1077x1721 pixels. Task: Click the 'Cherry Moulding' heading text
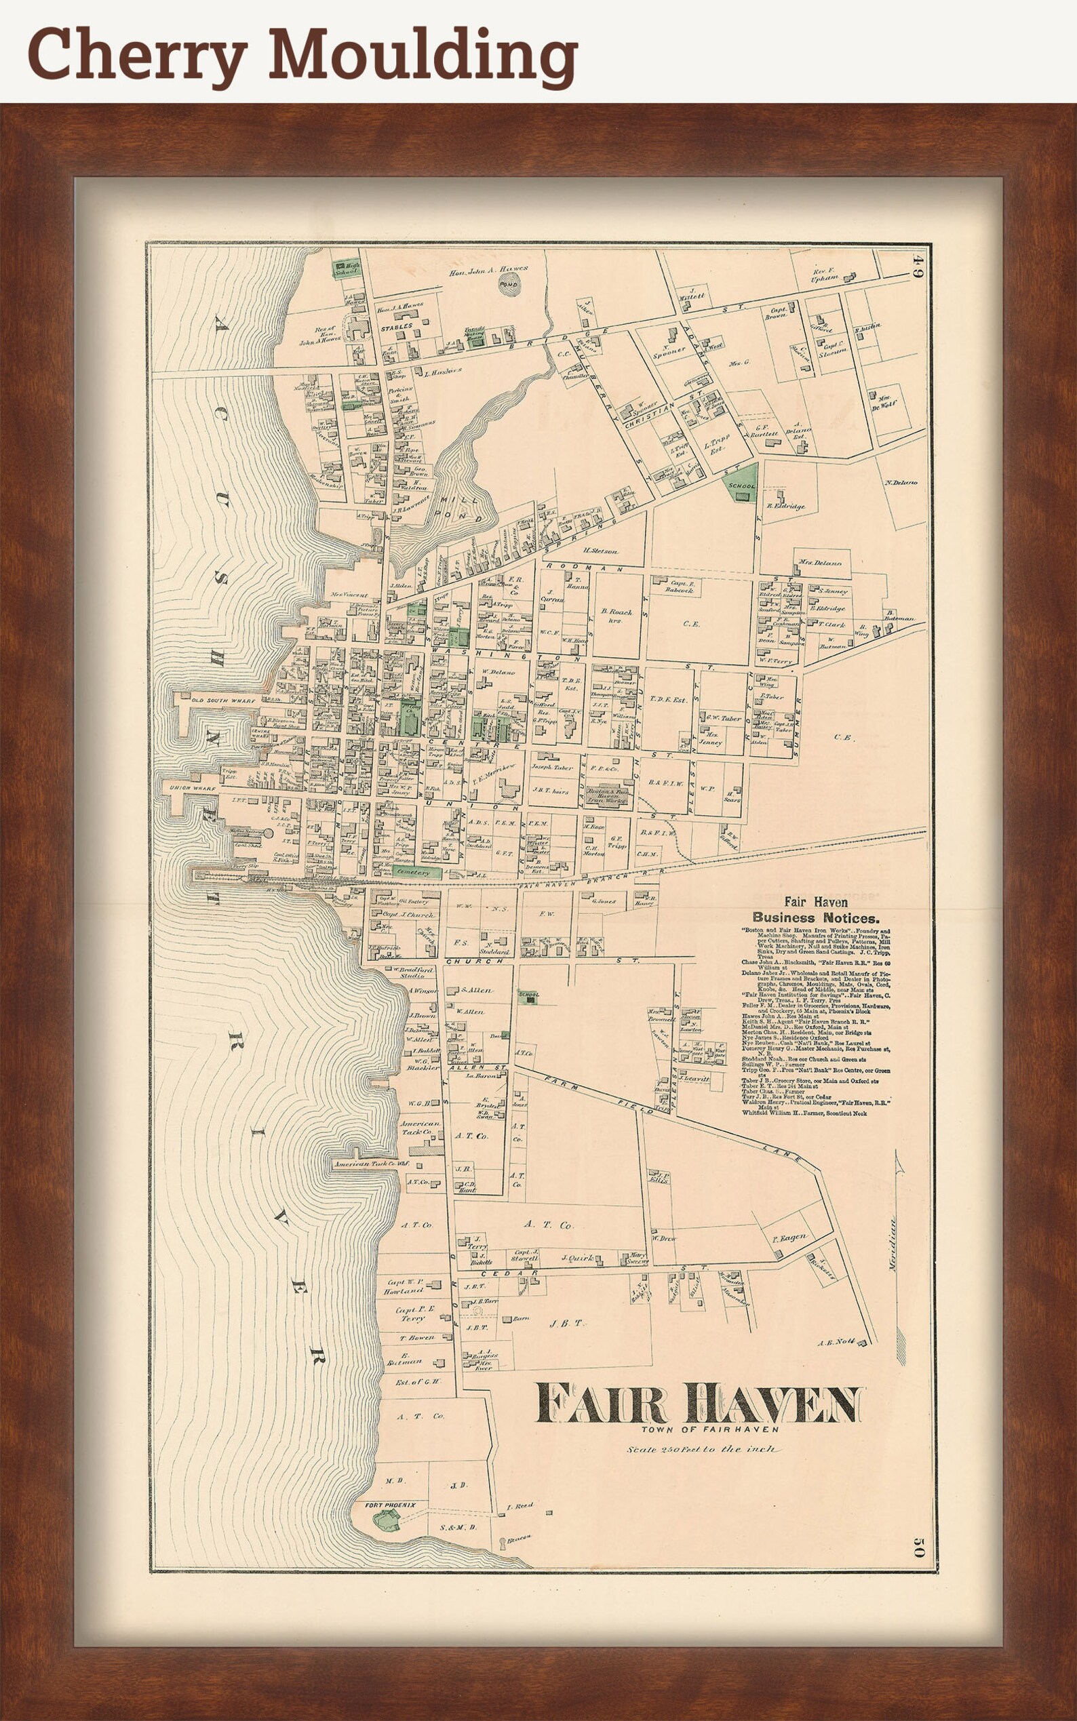pyautogui.click(x=302, y=53)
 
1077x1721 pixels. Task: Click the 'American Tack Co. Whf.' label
pyautogui.click(x=371, y=1164)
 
